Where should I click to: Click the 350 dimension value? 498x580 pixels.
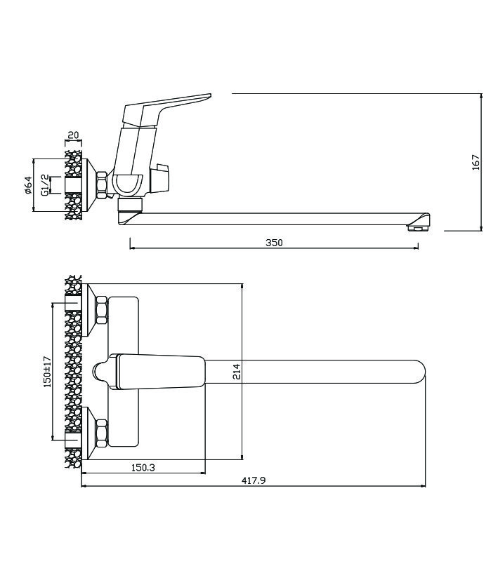point(274,243)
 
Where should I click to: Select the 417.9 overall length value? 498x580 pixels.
point(254,480)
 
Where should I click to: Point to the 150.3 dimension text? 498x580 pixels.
point(143,468)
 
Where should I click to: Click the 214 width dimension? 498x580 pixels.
point(237,372)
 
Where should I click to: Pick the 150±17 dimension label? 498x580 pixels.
point(47,372)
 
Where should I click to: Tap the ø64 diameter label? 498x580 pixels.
point(28,185)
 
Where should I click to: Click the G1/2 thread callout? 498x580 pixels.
point(44,185)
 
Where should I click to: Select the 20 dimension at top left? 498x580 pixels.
point(74,135)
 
